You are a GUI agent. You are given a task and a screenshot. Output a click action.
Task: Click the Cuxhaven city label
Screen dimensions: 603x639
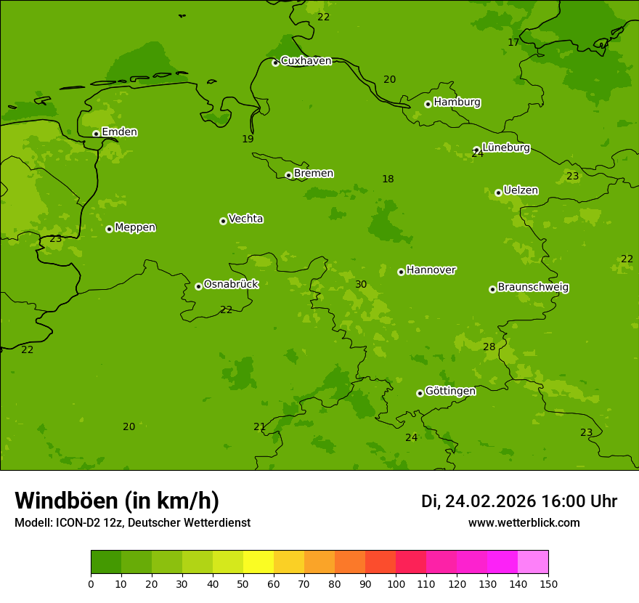[306, 61]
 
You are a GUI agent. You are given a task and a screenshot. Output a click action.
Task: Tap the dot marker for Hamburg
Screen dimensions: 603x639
[428, 104]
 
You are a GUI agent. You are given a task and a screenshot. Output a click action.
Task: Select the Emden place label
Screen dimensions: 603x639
[119, 132]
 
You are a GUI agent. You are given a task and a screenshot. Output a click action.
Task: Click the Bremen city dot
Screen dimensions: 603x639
[288, 175]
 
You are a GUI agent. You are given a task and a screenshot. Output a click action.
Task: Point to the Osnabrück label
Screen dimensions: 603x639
[231, 284]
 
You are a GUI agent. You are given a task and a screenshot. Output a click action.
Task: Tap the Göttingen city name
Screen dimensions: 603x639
[450, 391]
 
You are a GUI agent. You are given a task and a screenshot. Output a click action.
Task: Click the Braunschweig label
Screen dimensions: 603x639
[533, 287]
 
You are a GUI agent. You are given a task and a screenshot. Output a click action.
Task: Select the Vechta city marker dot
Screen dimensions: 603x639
[223, 221]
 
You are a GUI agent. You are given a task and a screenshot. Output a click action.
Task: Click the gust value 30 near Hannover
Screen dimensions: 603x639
[361, 284]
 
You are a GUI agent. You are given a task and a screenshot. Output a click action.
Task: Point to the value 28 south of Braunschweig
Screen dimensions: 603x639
[489, 347]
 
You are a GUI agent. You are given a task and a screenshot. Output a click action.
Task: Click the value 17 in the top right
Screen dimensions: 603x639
[513, 42]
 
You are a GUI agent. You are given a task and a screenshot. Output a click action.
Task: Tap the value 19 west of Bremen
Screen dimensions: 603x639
[248, 139]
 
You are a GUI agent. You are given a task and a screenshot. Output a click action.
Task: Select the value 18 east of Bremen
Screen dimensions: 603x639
[388, 179]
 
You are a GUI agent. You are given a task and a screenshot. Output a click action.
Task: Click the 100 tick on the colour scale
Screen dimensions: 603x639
[396, 583]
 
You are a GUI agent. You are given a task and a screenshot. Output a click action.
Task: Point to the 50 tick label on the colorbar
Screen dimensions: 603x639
[243, 583]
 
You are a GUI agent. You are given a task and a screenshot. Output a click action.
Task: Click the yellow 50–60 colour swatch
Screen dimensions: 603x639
[259, 562]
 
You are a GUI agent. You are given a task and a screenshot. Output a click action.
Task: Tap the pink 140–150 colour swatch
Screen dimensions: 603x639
[533, 562]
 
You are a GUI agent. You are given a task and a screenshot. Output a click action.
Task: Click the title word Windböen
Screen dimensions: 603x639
[66, 501]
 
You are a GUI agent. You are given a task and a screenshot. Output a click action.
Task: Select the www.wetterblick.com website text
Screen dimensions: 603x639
[524, 522]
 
